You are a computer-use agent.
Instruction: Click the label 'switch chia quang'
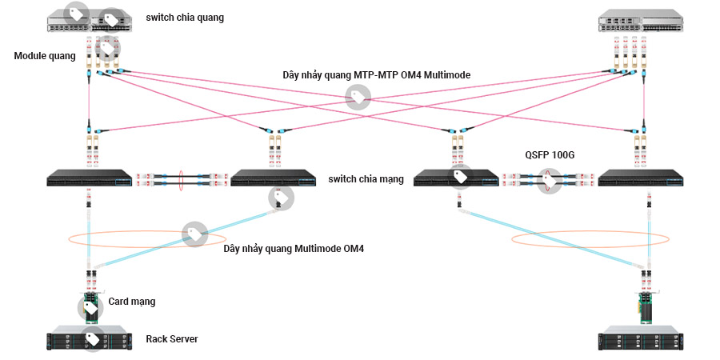186,17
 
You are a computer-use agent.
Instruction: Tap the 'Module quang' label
45,56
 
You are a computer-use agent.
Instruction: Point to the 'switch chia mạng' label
366,178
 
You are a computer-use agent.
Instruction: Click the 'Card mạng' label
132,302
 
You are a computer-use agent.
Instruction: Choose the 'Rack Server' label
171,339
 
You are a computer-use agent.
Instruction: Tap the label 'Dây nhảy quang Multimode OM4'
294,249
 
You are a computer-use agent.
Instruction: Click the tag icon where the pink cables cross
358,98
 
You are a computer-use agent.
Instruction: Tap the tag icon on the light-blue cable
194,234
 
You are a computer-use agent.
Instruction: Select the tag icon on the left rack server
93,338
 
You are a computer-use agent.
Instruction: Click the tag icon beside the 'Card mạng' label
90,307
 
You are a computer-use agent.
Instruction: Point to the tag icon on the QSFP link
549,181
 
